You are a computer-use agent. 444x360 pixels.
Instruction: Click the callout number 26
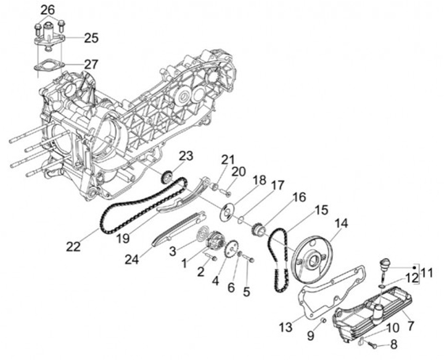(47, 10)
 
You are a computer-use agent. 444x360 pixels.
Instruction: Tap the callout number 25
(91, 38)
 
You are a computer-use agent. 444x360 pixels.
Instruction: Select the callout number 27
(91, 63)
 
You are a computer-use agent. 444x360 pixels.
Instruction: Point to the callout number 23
(187, 155)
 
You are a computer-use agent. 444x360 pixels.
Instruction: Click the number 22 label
(73, 247)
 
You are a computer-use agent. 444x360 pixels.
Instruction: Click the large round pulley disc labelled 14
(313, 255)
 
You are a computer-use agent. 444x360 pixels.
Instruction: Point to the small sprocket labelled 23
(165, 178)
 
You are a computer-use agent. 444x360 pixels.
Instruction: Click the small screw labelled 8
(368, 343)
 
